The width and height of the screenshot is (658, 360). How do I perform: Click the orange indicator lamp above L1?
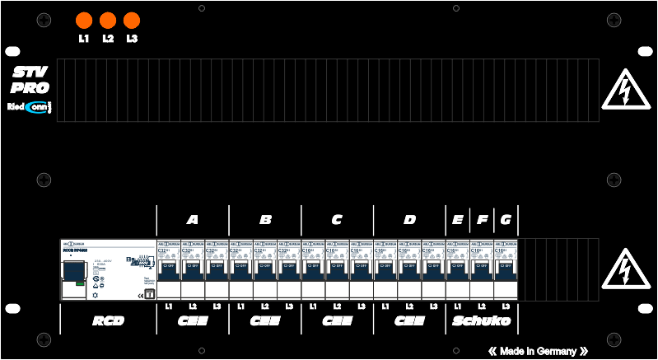(x=83, y=21)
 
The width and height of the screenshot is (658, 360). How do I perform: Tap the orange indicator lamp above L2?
(x=107, y=21)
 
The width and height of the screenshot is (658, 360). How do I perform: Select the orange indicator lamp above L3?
(x=131, y=21)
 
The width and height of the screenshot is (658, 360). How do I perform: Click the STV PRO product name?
(x=30, y=80)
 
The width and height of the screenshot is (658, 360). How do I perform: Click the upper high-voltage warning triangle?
(x=627, y=90)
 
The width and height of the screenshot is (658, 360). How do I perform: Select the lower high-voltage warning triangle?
(x=627, y=271)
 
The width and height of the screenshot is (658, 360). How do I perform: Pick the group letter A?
(x=193, y=220)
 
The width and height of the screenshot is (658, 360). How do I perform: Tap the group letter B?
(x=265, y=220)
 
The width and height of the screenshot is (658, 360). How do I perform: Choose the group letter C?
(x=337, y=220)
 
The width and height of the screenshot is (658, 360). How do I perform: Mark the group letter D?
(x=409, y=220)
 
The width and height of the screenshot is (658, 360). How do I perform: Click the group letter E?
(x=457, y=220)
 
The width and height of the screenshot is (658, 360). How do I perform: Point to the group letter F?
(x=482, y=220)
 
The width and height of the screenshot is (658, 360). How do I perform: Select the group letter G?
(x=506, y=220)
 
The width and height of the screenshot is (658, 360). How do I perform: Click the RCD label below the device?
(x=108, y=320)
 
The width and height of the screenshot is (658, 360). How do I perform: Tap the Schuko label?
(x=482, y=320)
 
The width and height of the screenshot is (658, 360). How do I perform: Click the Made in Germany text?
(x=538, y=351)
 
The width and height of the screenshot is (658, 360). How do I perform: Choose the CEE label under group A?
(x=193, y=320)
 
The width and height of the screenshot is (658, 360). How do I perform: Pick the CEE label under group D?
(x=409, y=320)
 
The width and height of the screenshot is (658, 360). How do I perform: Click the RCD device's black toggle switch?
(x=73, y=272)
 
